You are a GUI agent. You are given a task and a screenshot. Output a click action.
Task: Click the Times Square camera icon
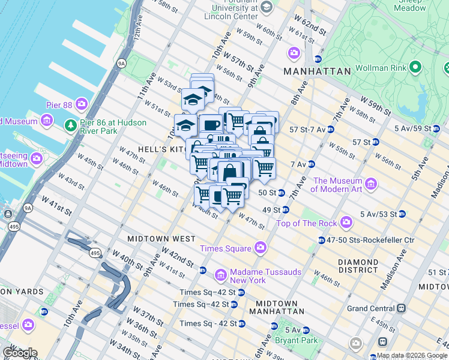click(x=261, y=247)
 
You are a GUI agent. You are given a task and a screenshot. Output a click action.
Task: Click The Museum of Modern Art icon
click(x=370, y=183)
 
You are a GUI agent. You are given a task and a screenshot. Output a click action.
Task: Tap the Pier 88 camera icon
click(x=82, y=105)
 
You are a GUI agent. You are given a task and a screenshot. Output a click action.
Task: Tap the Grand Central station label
click(x=373, y=309)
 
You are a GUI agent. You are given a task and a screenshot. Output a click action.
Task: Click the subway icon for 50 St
click(x=281, y=193)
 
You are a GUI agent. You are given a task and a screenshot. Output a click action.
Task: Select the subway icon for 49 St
click(x=286, y=210)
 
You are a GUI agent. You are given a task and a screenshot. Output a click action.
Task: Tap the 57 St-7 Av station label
click(x=307, y=129)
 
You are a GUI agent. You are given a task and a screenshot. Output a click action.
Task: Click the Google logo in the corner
click(x=19, y=353)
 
